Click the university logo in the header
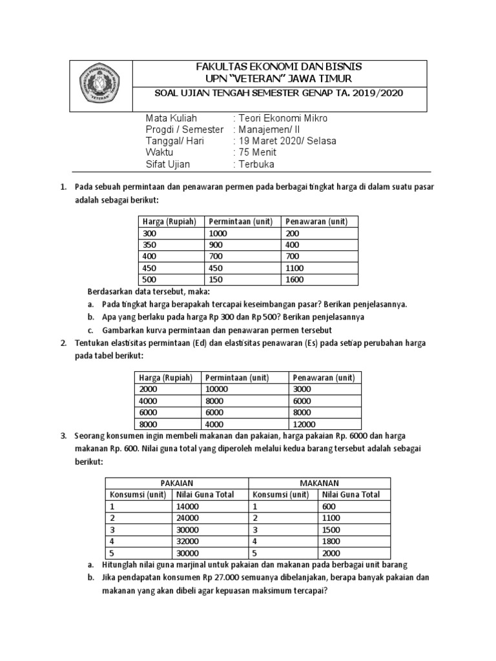(x=101, y=85)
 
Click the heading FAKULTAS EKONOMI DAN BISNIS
(x=279, y=67)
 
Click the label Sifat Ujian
(x=169, y=165)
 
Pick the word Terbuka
(x=256, y=165)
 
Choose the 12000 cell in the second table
(x=304, y=424)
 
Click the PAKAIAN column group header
(x=176, y=483)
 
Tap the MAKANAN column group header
(x=319, y=483)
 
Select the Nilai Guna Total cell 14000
(x=187, y=507)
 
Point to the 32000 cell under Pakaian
(x=187, y=542)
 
